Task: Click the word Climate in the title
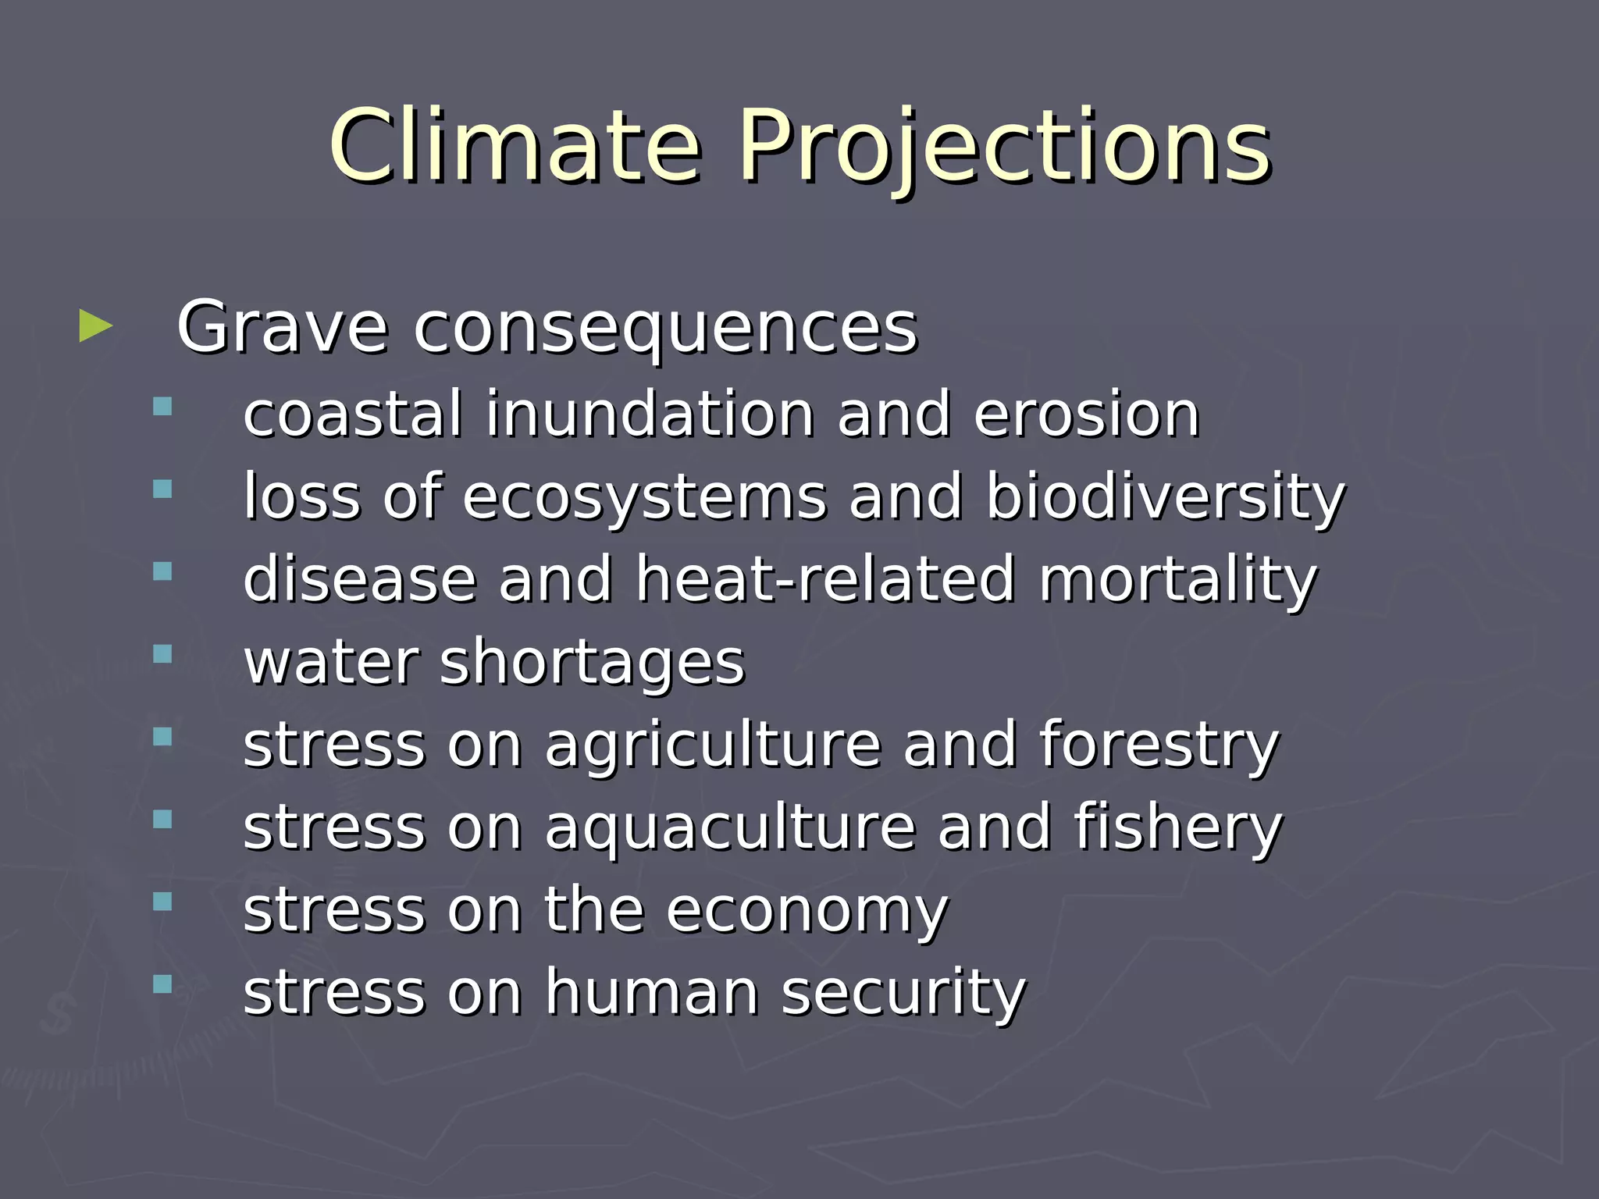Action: tap(515, 146)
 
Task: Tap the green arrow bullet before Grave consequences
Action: tap(95, 326)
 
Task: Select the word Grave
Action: tap(282, 328)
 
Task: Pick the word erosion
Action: tap(1086, 415)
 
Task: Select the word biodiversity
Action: tap(1166, 498)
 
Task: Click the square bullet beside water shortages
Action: tap(162, 654)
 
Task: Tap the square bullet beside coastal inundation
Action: tap(162, 407)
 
